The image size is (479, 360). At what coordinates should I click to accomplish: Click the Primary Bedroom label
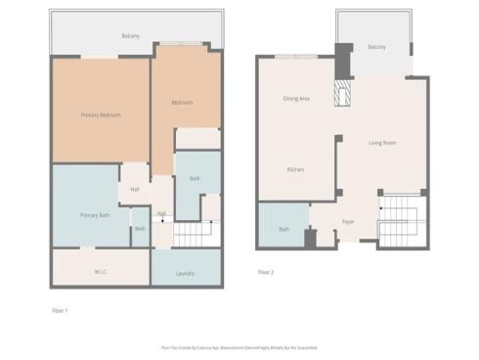coord(101,114)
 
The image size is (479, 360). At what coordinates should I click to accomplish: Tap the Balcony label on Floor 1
coord(130,35)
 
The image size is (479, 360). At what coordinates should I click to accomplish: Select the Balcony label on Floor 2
coord(376,47)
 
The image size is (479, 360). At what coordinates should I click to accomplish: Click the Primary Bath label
coord(94,214)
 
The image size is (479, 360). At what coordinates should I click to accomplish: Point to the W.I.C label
coord(101,271)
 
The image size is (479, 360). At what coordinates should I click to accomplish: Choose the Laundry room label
coord(185,274)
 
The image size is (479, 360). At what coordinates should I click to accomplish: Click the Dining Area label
coord(296,98)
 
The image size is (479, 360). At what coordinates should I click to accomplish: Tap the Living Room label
coord(382,143)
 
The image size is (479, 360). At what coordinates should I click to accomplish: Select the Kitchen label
coord(294,169)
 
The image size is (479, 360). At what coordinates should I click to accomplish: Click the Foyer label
coord(347,221)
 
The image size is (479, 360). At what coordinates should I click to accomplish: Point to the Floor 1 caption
coord(60,310)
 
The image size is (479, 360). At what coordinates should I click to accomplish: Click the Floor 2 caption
coord(265,272)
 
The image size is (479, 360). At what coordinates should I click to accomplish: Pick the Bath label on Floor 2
coord(283,229)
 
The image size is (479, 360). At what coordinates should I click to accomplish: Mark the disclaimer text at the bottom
coord(239,347)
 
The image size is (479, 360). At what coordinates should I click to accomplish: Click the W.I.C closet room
coord(101,266)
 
